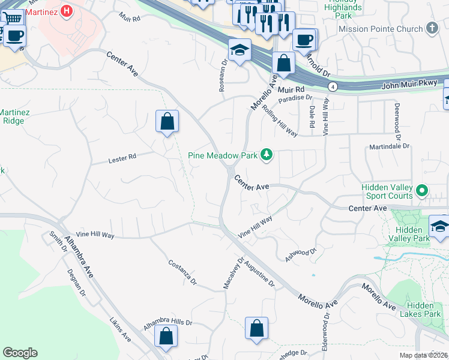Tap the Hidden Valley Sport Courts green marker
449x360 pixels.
[x=422, y=192]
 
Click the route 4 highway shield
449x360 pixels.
[x=333, y=87]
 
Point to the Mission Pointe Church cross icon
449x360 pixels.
[x=432, y=28]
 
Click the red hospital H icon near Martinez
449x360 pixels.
[x=67, y=10]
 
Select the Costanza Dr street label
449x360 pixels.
[x=182, y=272]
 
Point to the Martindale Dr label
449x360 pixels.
[x=389, y=146]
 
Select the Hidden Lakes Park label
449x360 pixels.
[x=424, y=310]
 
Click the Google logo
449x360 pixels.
[x=20, y=353]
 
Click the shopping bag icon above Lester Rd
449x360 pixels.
[x=167, y=121]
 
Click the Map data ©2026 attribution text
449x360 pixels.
[x=423, y=355]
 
